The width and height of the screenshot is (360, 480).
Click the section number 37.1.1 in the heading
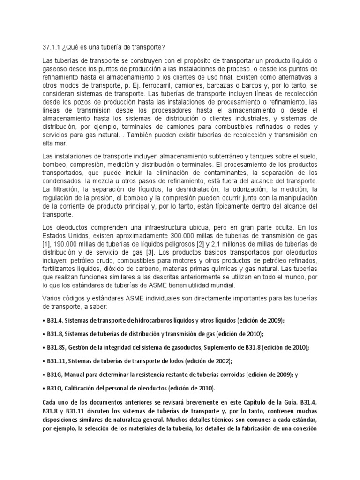[x=51, y=47]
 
